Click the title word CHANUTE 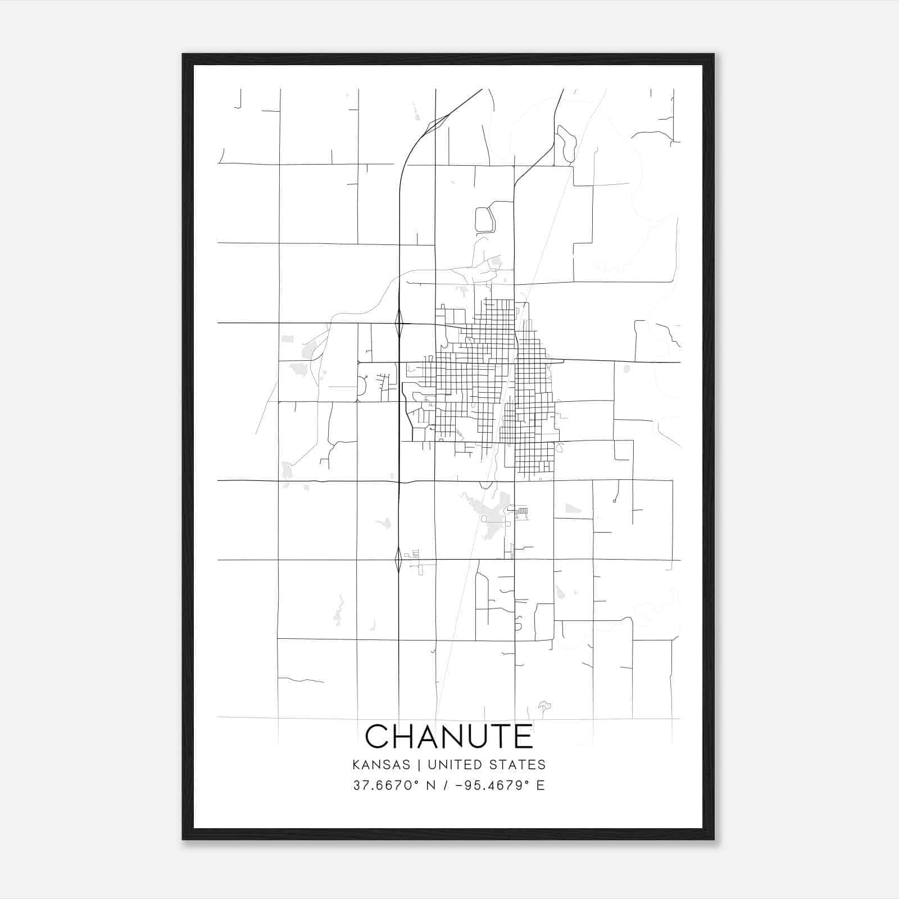(x=449, y=736)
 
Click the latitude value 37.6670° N (x=394, y=785)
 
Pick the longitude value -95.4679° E (x=501, y=785)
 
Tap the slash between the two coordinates (x=446, y=785)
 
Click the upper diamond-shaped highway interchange (x=399, y=324)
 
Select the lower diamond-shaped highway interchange (x=398, y=560)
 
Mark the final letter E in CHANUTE (x=524, y=736)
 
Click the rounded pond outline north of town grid (x=484, y=219)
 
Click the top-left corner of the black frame (x=183, y=55)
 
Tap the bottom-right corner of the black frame (x=713, y=839)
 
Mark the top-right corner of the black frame (x=713, y=55)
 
